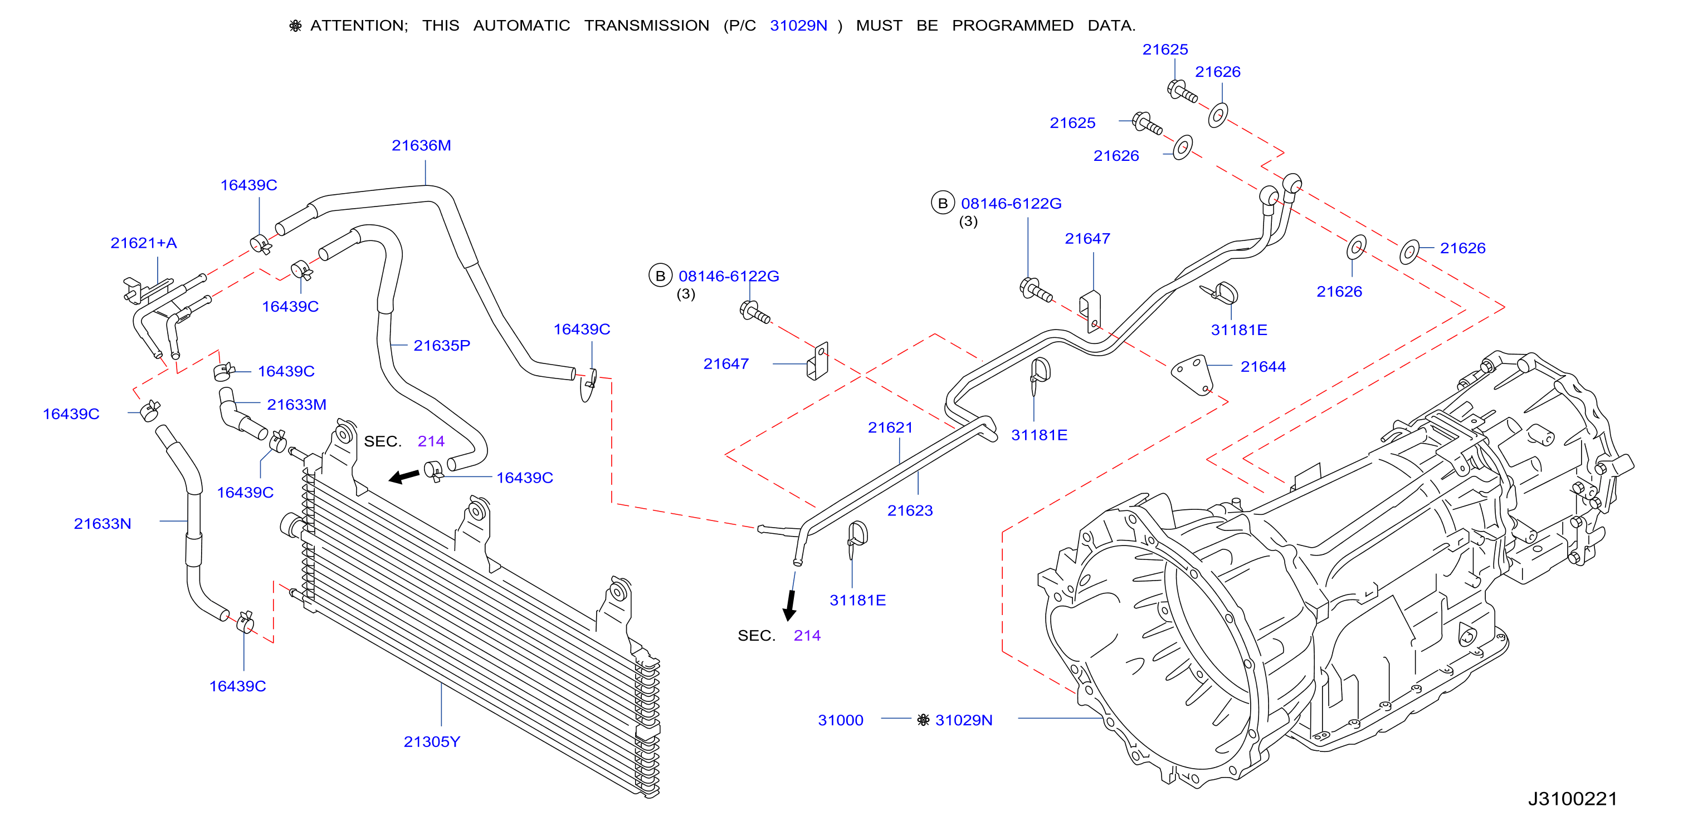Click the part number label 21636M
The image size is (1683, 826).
421,145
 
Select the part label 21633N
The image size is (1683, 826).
103,523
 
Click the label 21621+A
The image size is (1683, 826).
144,242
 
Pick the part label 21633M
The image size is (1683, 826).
296,404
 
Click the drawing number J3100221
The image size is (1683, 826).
1573,799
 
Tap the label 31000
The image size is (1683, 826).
841,720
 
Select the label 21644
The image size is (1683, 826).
1263,366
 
